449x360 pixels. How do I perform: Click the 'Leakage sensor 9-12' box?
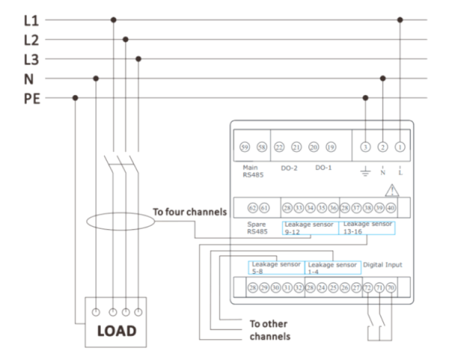click(310, 228)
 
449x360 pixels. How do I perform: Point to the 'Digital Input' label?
click(388, 264)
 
